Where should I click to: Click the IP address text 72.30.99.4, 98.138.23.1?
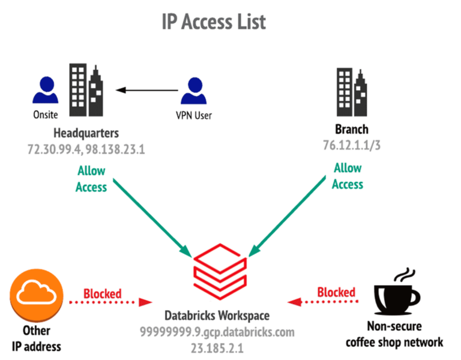point(86,148)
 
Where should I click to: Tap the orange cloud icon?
point(37,294)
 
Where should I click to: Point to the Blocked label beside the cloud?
point(102,293)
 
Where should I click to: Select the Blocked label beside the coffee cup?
point(336,292)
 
